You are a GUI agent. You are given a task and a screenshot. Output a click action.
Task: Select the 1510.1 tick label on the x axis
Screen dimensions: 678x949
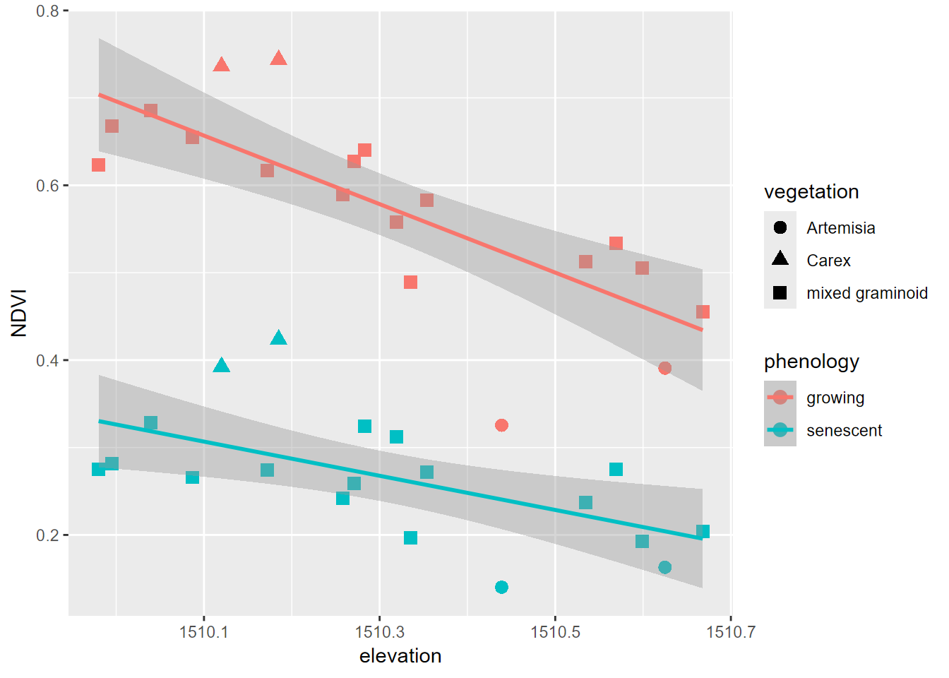(204, 631)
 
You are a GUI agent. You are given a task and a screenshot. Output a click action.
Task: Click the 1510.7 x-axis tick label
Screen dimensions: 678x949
(731, 631)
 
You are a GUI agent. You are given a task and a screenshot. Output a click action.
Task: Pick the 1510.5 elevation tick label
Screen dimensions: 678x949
(555, 631)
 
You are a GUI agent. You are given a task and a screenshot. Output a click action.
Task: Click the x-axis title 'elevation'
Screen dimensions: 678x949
(400, 656)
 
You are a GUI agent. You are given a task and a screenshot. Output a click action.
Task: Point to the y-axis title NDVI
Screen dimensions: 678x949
(19, 313)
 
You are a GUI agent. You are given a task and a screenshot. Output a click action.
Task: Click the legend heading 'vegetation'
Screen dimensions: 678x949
(811, 192)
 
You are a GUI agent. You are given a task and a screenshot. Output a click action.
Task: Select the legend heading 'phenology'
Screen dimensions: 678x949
(811, 362)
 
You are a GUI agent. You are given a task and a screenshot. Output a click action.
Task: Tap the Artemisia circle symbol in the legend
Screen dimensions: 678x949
(780, 227)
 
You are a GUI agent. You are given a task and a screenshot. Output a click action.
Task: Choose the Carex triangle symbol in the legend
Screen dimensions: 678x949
(780, 259)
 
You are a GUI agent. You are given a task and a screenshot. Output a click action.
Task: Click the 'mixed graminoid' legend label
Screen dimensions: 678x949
(867, 293)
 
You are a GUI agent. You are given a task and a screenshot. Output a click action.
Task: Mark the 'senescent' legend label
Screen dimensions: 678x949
(844, 431)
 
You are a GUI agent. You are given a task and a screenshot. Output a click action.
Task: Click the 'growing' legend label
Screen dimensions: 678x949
(835, 398)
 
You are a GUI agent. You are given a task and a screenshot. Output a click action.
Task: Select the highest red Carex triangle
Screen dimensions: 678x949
(278, 58)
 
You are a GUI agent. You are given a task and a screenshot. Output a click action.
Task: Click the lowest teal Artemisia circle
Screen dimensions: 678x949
(501, 587)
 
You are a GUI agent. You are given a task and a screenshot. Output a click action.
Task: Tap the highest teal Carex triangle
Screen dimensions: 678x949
(278, 338)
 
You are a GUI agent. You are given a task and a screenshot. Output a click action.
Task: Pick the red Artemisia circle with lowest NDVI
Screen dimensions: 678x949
(501, 425)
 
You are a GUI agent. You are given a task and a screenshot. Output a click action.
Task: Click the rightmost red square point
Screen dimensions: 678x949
(703, 311)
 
